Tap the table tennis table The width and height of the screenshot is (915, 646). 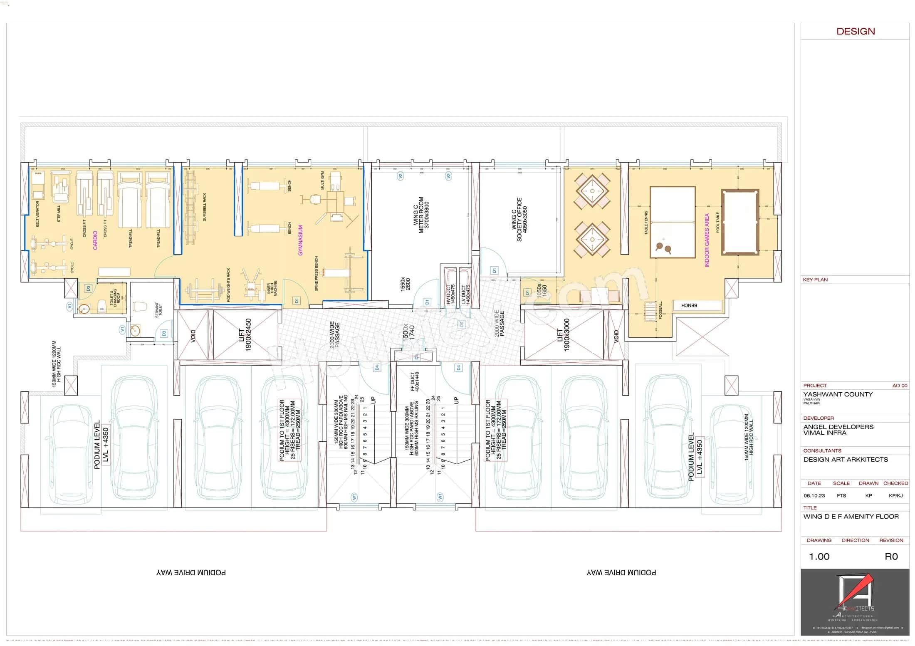(673, 222)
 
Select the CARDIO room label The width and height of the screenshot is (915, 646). (95, 240)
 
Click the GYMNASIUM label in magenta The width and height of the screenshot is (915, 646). (300, 240)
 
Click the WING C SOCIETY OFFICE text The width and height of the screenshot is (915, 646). (519, 219)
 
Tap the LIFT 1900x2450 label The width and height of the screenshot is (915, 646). (245, 335)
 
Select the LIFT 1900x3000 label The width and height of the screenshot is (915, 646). (563, 335)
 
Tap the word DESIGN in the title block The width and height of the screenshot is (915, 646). (855, 31)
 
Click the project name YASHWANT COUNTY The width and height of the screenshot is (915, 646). (838, 394)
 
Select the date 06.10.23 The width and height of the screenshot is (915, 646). (814, 496)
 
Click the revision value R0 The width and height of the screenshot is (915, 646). (891, 557)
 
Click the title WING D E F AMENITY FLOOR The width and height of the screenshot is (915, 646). (851, 517)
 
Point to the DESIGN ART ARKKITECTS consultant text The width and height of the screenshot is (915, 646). (845, 460)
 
